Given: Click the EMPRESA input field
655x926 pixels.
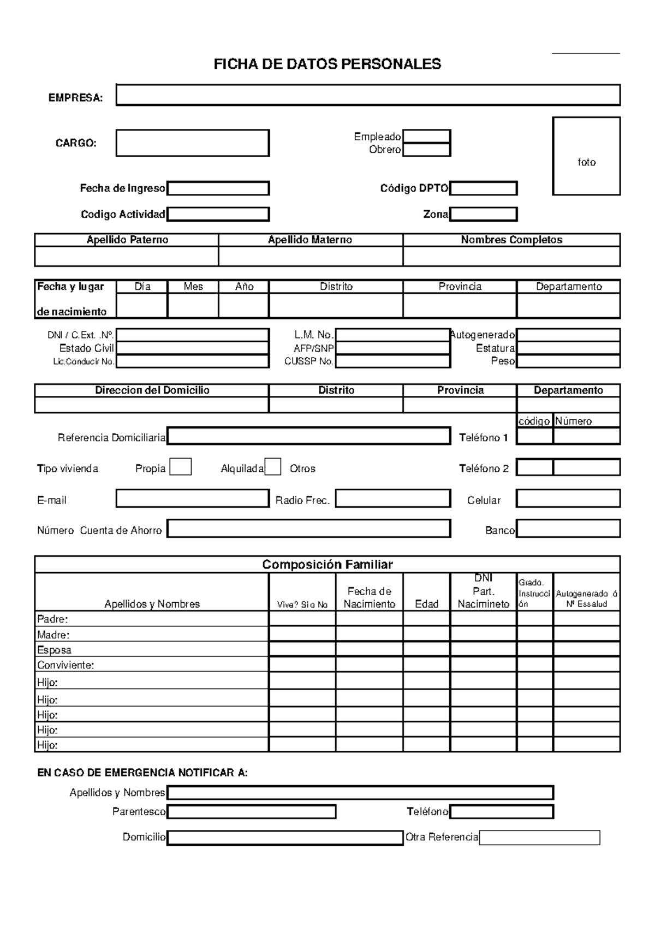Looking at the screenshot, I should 368,95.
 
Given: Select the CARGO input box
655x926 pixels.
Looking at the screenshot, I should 192,143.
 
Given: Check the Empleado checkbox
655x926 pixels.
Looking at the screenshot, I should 426,136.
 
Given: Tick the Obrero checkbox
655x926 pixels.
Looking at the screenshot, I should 426,150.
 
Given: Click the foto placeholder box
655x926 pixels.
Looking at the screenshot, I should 586,156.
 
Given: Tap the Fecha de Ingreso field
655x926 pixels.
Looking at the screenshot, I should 218,188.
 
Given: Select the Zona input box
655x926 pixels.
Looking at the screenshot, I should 483,215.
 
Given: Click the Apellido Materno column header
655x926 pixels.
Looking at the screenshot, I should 310,240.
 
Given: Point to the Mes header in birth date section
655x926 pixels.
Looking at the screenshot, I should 193,287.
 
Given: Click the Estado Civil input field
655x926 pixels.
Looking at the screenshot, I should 192,348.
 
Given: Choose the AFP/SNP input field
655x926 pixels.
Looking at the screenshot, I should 392,348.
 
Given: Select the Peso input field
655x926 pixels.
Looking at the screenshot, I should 568,361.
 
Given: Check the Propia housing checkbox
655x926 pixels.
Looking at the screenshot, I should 180,467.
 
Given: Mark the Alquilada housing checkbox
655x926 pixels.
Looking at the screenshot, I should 273,467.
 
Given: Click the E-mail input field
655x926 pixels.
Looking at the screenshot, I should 192,498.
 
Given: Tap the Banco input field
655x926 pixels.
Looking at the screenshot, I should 568,529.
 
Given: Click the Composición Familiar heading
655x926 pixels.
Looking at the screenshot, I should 327,565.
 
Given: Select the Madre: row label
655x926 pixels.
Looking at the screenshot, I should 53,635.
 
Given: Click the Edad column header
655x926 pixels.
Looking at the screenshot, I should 426,604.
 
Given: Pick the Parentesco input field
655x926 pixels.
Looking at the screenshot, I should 251,812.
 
